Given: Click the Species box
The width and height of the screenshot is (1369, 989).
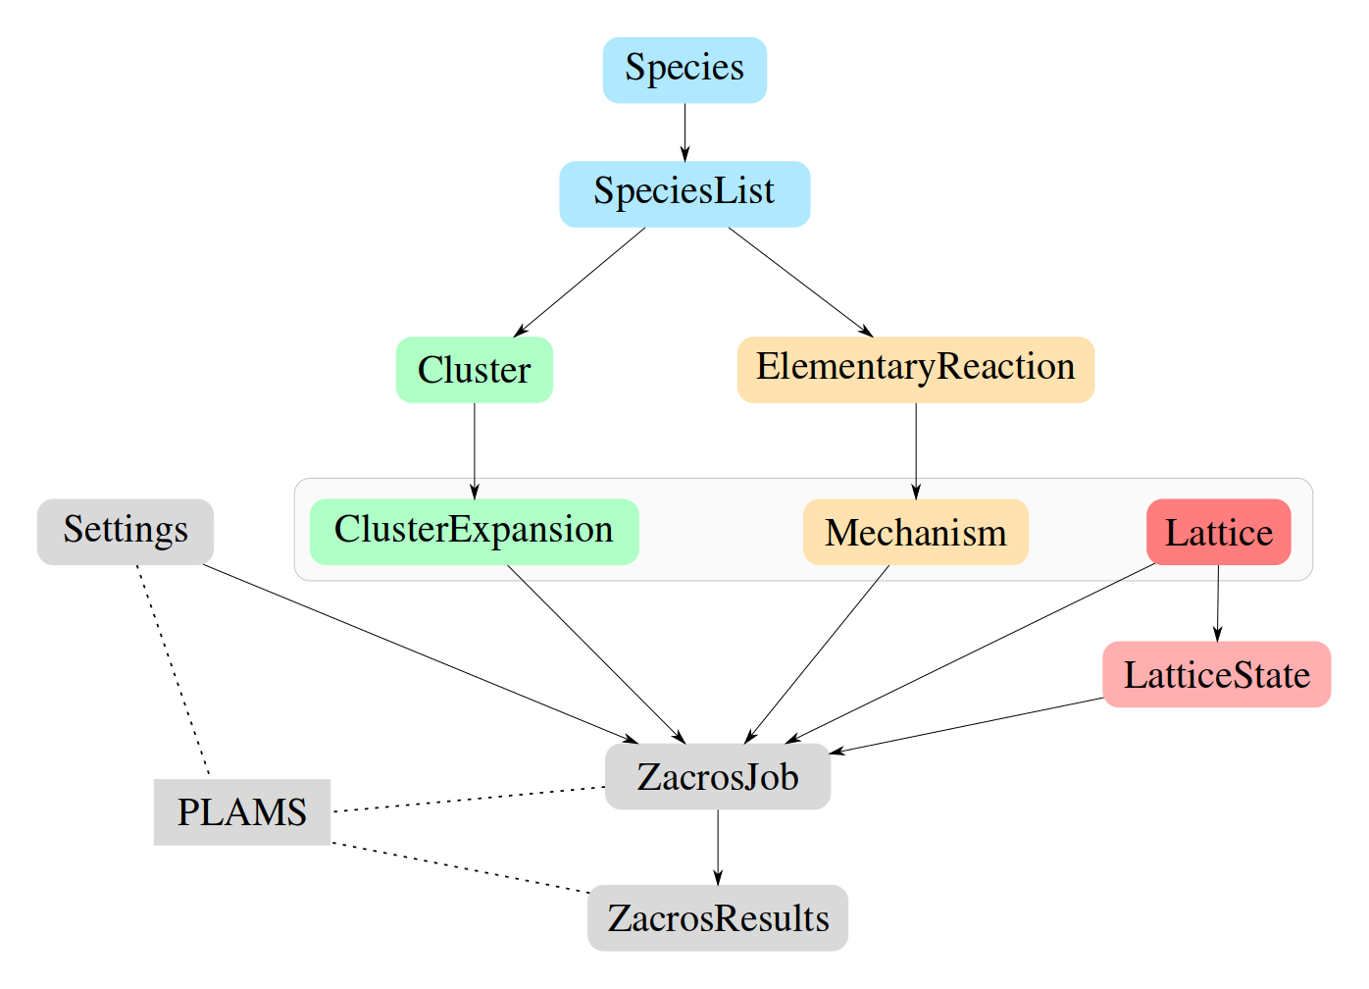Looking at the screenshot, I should (684, 70).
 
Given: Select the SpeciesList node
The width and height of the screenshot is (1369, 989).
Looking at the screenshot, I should (684, 193).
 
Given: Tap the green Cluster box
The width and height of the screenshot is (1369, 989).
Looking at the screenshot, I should (475, 370).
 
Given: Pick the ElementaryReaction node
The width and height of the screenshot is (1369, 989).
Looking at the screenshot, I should (915, 369).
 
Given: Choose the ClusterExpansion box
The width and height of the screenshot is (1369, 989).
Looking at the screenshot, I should (474, 531).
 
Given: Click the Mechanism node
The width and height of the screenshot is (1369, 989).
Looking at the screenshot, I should (915, 532).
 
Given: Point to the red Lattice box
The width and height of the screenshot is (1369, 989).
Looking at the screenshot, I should (1218, 532).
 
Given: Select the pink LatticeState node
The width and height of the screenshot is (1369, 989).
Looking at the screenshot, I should (1216, 674).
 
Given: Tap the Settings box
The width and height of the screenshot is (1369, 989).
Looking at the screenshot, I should (126, 531).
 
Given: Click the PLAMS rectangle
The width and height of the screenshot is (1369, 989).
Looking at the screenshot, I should (241, 811).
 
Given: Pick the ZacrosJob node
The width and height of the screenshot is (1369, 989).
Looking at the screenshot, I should (717, 776).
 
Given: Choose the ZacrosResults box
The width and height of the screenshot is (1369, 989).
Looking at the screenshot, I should (717, 917).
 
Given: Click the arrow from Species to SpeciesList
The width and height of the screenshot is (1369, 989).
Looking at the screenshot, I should (684, 131).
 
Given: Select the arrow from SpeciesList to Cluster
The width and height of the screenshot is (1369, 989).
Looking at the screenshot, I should (580, 282).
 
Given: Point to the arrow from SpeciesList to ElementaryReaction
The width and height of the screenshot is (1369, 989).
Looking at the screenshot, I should (800, 282).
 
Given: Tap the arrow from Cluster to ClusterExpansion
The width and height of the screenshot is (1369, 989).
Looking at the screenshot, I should (475, 450).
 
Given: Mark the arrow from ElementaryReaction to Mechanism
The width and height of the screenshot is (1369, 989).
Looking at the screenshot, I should (916, 450).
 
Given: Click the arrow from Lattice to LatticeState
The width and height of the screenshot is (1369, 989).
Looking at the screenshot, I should (1218, 603).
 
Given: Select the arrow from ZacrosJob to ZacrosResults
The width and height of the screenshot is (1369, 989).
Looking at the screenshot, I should (717, 847).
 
